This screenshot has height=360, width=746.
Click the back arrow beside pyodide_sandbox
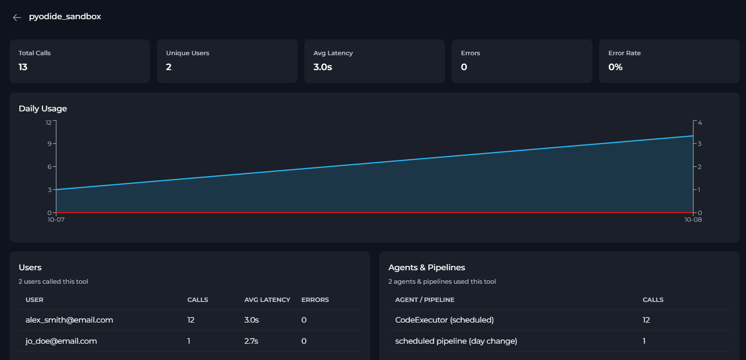17,17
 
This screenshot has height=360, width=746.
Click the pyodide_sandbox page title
65,17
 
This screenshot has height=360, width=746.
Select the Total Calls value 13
23,67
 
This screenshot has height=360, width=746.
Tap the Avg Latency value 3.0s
323,67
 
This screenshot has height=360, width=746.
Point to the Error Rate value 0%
615,67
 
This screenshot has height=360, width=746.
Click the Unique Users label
188,53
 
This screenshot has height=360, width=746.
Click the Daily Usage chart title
43,108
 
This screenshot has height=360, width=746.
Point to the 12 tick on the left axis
48,122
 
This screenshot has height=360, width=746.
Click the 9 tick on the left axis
49,144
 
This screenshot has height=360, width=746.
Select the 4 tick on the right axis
700,122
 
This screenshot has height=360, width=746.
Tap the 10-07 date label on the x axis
56,220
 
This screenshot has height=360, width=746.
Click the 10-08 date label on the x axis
693,220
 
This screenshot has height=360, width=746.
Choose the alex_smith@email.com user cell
69,320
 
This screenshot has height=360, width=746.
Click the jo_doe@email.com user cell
61,341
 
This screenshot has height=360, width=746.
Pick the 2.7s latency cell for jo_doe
251,341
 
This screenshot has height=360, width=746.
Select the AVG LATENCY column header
267,300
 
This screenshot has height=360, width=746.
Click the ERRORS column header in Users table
315,300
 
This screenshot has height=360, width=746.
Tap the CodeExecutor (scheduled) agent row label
444,320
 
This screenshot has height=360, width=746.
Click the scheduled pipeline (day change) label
456,341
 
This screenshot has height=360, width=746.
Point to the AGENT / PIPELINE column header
425,300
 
